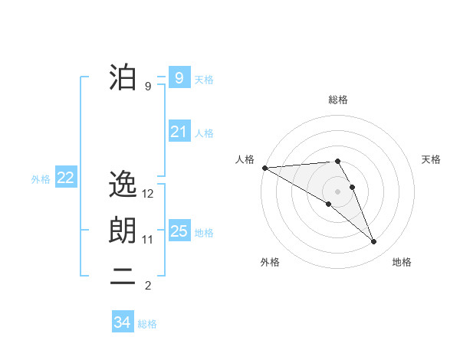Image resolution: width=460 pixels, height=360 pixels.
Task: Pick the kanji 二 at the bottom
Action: [x=123, y=278]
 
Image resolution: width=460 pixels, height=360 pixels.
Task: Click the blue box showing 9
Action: [x=179, y=77]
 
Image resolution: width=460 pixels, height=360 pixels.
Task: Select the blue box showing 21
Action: [x=179, y=132]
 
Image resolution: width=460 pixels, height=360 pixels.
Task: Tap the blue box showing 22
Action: [x=65, y=178]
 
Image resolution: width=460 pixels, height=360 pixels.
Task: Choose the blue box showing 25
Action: [x=179, y=231]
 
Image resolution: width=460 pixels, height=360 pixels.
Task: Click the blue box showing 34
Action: [x=122, y=322]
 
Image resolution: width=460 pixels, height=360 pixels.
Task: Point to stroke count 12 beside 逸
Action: [x=149, y=194]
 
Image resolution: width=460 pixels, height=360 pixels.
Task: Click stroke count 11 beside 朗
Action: [x=148, y=240]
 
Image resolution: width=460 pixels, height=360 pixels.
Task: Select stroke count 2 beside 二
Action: [x=148, y=286]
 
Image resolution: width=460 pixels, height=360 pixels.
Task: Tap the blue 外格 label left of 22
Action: [x=41, y=179]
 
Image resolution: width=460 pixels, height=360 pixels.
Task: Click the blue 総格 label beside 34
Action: [x=147, y=324]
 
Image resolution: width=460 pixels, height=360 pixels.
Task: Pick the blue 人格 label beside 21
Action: [x=204, y=133]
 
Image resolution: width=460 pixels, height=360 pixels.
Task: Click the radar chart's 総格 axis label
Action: [x=338, y=100]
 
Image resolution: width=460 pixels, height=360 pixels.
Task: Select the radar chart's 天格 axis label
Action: [x=432, y=159]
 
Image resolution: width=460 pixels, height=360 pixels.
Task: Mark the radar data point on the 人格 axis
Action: [x=264, y=167]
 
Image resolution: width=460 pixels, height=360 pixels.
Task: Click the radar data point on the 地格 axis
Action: [x=373, y=241]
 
